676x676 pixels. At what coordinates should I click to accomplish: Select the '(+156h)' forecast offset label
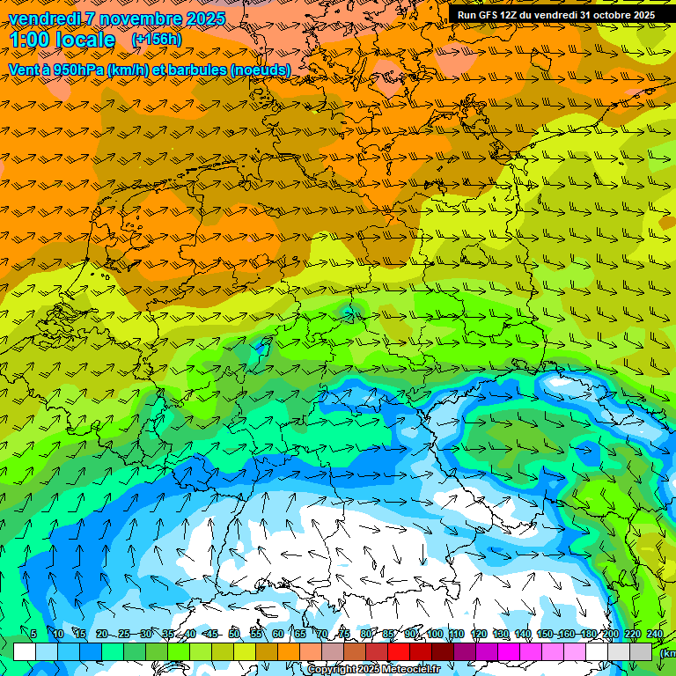156,40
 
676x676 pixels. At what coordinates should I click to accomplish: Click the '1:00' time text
31,40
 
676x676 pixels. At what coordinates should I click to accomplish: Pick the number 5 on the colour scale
33,635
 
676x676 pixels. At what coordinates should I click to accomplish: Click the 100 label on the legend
435,635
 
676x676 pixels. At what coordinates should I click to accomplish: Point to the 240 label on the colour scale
655,635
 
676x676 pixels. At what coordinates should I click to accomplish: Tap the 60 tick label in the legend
278,635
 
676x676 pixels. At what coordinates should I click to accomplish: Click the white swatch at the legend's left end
24,652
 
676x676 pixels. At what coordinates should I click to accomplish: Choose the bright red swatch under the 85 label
399,652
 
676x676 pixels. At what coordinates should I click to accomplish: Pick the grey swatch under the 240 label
642,652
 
